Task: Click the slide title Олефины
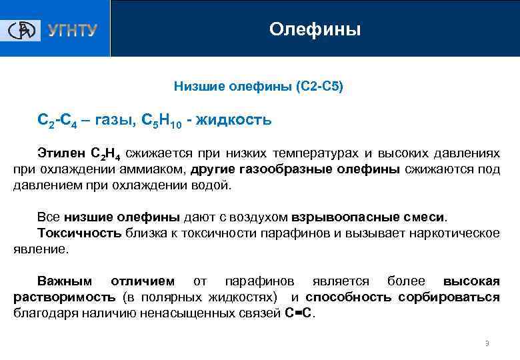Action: click(x=315, y=29)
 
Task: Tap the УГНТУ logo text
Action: click(x=72, y=31)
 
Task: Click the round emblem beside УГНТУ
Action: click(x=23, y=30)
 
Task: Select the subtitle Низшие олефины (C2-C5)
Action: click(x=259, y=87)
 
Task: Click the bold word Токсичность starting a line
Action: click(x=79, y=233)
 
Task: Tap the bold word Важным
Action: click(x=65, y=281)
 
